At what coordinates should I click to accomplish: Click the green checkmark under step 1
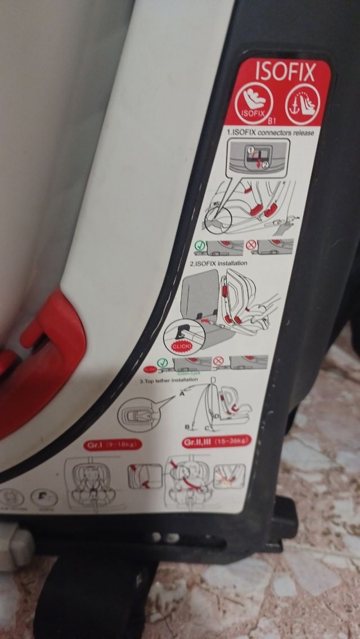(200, 245)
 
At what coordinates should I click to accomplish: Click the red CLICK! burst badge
(181, 346)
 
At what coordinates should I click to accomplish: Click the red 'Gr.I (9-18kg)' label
(113, 444)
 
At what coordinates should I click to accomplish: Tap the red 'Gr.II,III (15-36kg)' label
(217, 441)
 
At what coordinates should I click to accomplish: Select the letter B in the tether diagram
(187, 426)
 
